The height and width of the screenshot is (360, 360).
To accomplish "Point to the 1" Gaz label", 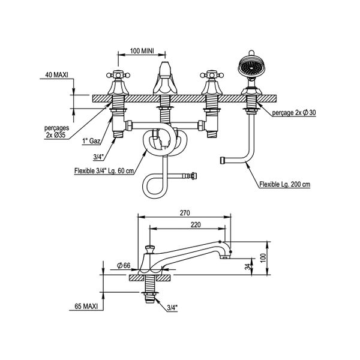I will (92, 143).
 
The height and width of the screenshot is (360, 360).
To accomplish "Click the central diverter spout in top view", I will (164, 78).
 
